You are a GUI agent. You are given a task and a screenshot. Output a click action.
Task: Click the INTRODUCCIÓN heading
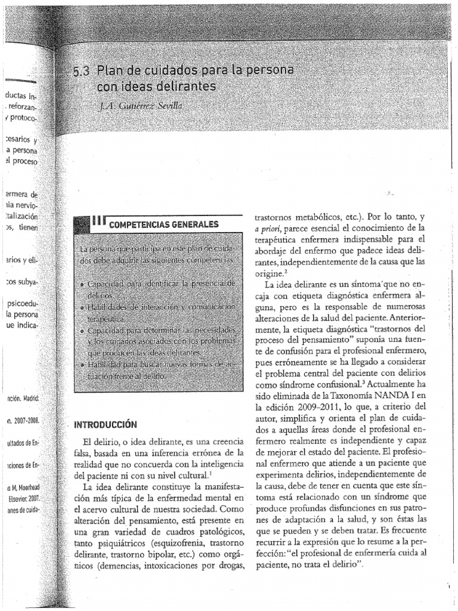click(x=106, y=425)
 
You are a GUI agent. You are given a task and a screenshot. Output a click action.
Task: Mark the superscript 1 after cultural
click(x=211, y=474)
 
